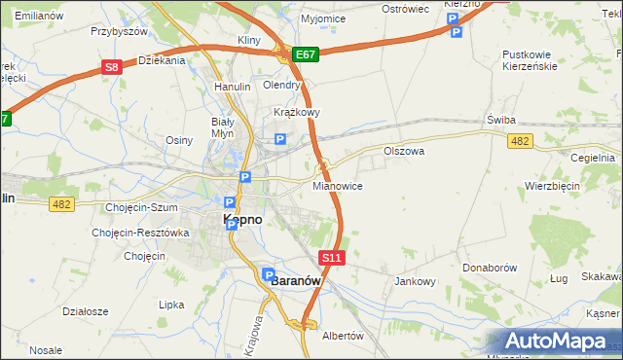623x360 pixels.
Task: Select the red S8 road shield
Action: click(x=113, y=67)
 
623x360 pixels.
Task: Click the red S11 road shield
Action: click(x=332, y=258)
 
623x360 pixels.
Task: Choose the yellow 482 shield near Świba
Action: click(x=520, y=142)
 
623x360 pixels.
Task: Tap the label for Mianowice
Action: click(x=338, y=185)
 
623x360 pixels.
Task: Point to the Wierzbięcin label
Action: click(x=552, y=186)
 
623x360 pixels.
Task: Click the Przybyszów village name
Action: click(x=119, y=31)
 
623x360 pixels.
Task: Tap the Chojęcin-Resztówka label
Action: click(x=139, y=233)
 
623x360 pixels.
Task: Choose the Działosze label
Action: click(x=85, y=311)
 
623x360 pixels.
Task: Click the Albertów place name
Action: click(x=342, y=336)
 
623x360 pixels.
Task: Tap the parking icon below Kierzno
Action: click(x=455, y=32)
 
